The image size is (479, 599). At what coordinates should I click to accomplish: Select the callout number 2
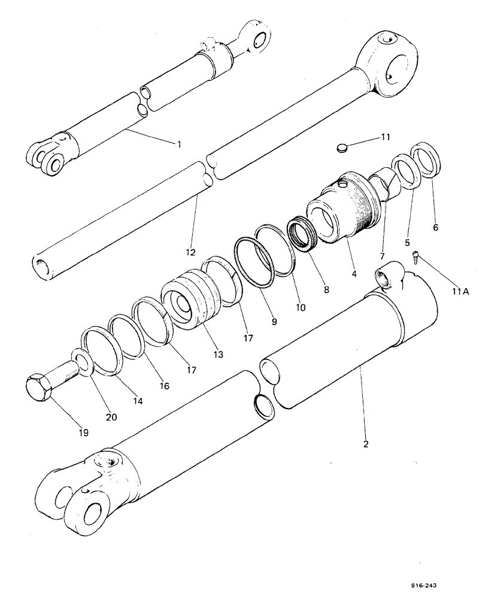point(366,444)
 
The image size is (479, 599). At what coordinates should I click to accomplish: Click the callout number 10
point(301,307)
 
